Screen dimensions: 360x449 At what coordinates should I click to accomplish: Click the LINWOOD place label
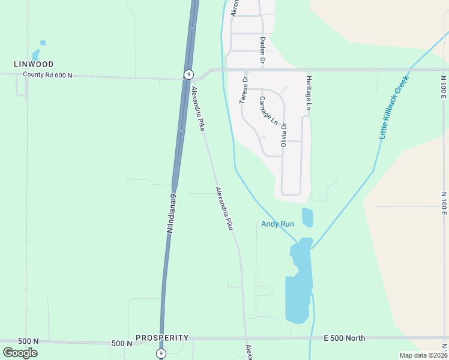34,64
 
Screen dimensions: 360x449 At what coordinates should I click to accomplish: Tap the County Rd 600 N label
47,75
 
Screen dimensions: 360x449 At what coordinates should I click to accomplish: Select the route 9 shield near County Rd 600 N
189,74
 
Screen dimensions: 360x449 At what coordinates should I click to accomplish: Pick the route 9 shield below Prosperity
161,353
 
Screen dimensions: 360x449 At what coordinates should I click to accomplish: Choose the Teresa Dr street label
244,90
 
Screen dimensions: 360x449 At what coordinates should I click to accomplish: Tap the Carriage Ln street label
268,110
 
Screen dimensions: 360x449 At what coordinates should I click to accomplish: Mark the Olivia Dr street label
284,135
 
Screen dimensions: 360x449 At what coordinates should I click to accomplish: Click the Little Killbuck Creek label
394,107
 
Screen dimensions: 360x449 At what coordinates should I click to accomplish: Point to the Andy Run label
277,224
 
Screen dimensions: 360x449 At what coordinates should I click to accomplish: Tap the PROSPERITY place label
162,338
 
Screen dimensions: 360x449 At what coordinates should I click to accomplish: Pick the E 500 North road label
344,338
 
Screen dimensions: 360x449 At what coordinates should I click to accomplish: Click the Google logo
20,353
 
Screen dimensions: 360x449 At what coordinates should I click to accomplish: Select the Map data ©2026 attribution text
423,355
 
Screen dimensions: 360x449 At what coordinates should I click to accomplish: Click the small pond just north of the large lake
307,217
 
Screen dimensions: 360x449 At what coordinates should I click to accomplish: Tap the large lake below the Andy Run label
298,282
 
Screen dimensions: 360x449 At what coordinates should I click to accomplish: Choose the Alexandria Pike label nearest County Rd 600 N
198,109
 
